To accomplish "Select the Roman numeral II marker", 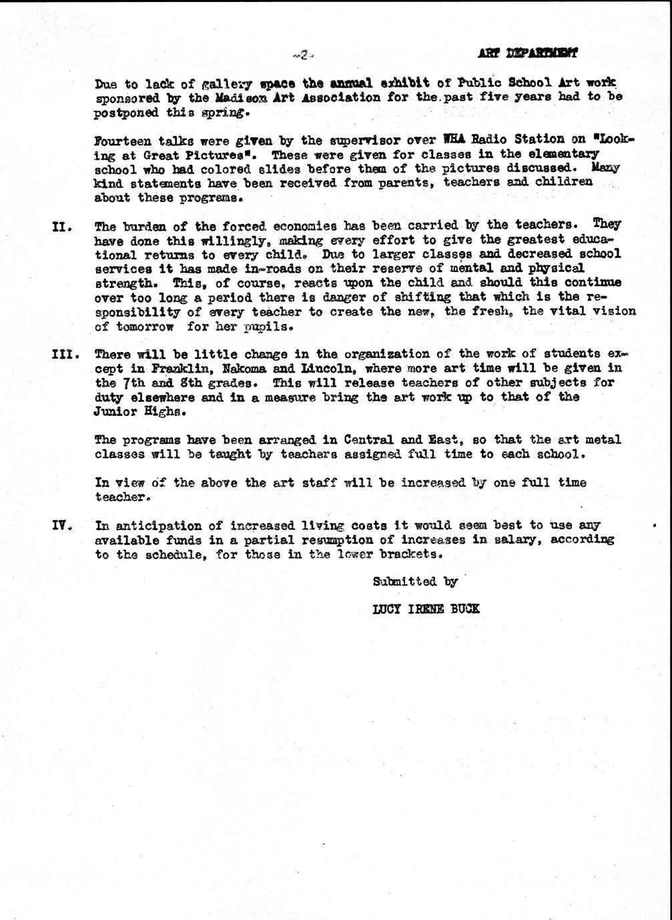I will [x=62, y=226].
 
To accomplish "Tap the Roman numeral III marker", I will [x=65, y=354].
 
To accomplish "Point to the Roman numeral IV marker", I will [x=62, y=525].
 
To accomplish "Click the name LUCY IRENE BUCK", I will [x=426, y=609].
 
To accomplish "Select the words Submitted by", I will [x=415, y=581].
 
